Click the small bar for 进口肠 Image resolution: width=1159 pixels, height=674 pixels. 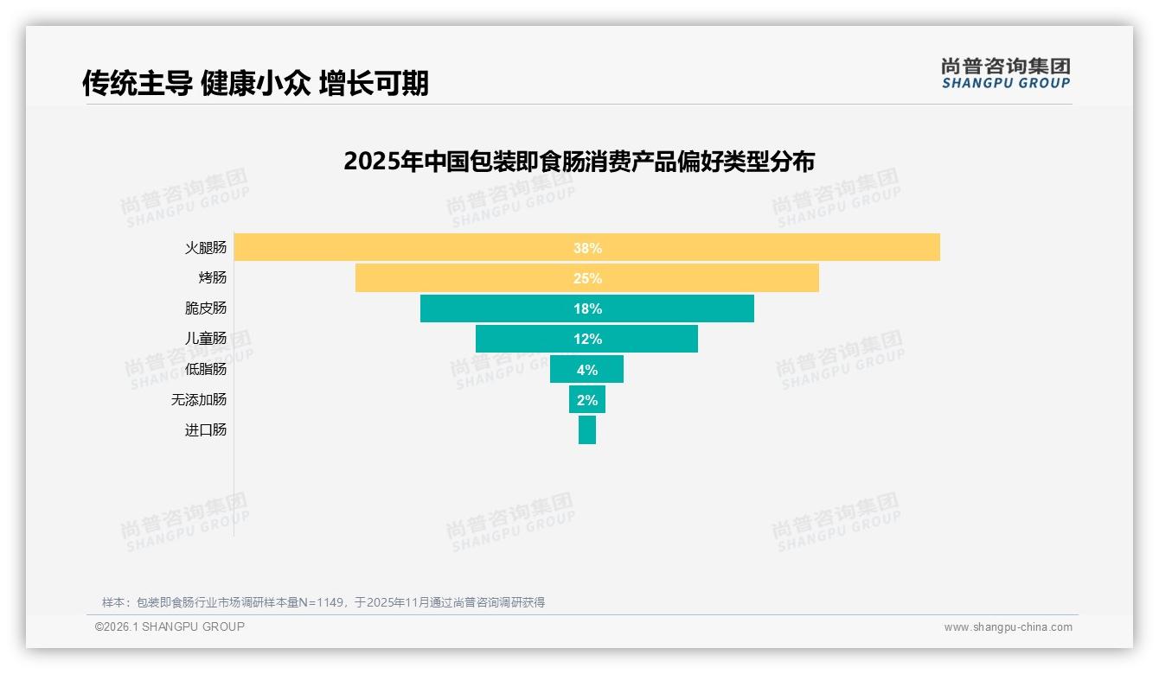[x=587, y=429]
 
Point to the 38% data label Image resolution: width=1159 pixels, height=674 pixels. [x=587, y=248]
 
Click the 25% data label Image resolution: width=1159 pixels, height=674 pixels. [x=587, y=278]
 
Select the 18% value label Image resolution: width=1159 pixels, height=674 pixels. [x=587, y=308]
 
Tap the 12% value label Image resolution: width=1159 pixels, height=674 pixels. [x=587, y=339]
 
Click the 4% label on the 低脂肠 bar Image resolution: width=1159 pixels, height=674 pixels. [x=587, y=370]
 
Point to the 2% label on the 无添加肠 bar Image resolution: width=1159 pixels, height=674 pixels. [x=587, y=400]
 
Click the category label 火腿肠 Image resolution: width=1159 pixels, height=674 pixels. [x=206, y=248]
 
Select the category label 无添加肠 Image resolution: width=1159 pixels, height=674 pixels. [x=199, y=399]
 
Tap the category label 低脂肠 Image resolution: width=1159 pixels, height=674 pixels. [x=206, y=369]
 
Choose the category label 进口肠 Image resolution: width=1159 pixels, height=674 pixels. [x=206, y=429]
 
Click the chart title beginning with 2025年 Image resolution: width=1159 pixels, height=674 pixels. [x=579, y=162]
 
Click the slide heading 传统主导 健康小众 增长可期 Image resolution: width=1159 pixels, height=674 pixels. [x=255, y=84]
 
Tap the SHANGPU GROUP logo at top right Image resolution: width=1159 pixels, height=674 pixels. [x=1006, y=73]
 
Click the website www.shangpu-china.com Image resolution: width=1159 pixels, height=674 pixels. [x=1008, y=627]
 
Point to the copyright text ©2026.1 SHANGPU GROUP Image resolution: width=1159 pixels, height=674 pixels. [x=170, y=626]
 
